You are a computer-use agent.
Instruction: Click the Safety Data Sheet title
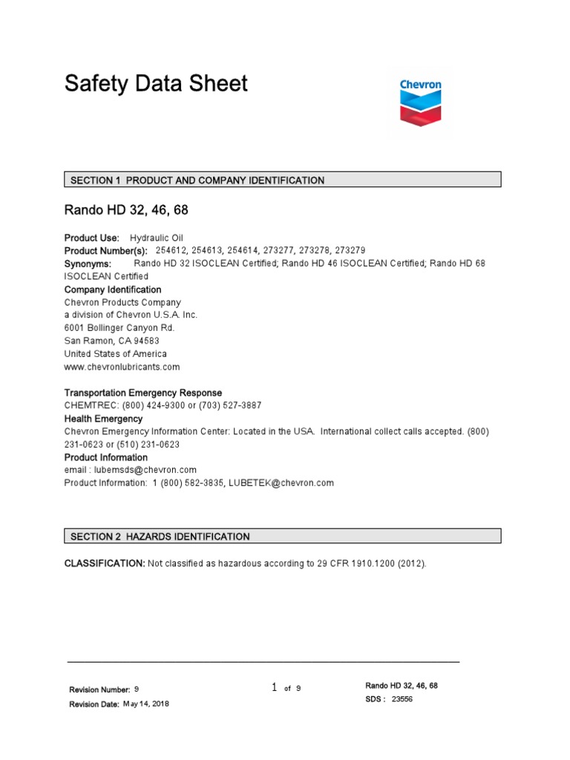[156, 83]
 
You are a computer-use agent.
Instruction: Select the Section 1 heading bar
[282, 180]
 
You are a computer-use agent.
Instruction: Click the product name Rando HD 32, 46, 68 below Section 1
[126, 210]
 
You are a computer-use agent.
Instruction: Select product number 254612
[171, 250]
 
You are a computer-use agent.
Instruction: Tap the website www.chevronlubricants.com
[122, 367]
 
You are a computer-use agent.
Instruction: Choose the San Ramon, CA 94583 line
[111, 341]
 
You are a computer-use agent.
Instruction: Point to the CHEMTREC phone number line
[163, 405]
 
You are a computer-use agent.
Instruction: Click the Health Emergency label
[103, 419]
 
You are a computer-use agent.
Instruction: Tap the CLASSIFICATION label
[105, 564]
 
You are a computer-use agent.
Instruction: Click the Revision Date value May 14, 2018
[145, 704]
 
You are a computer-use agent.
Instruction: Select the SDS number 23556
[402, 699]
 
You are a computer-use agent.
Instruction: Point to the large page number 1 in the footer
[274, 688]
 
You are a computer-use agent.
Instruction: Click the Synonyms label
[88, 263]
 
